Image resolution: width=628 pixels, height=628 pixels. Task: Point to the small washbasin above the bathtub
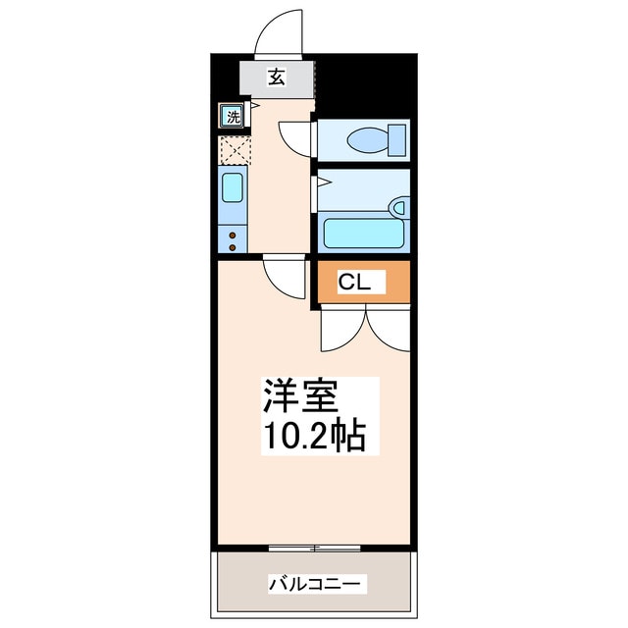pos(399,207)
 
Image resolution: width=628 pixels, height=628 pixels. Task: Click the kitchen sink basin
pos(233,186)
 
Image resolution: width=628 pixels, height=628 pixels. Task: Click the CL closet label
pos(354,283)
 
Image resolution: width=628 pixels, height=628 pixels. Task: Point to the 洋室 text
pos(300,396)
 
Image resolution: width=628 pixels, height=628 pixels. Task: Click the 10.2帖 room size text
pos(312,435)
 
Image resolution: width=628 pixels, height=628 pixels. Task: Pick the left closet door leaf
pos(341,330)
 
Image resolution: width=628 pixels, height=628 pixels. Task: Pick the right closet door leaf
pos(388,330)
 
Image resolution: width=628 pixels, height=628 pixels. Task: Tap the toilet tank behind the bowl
pos(398,139)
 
